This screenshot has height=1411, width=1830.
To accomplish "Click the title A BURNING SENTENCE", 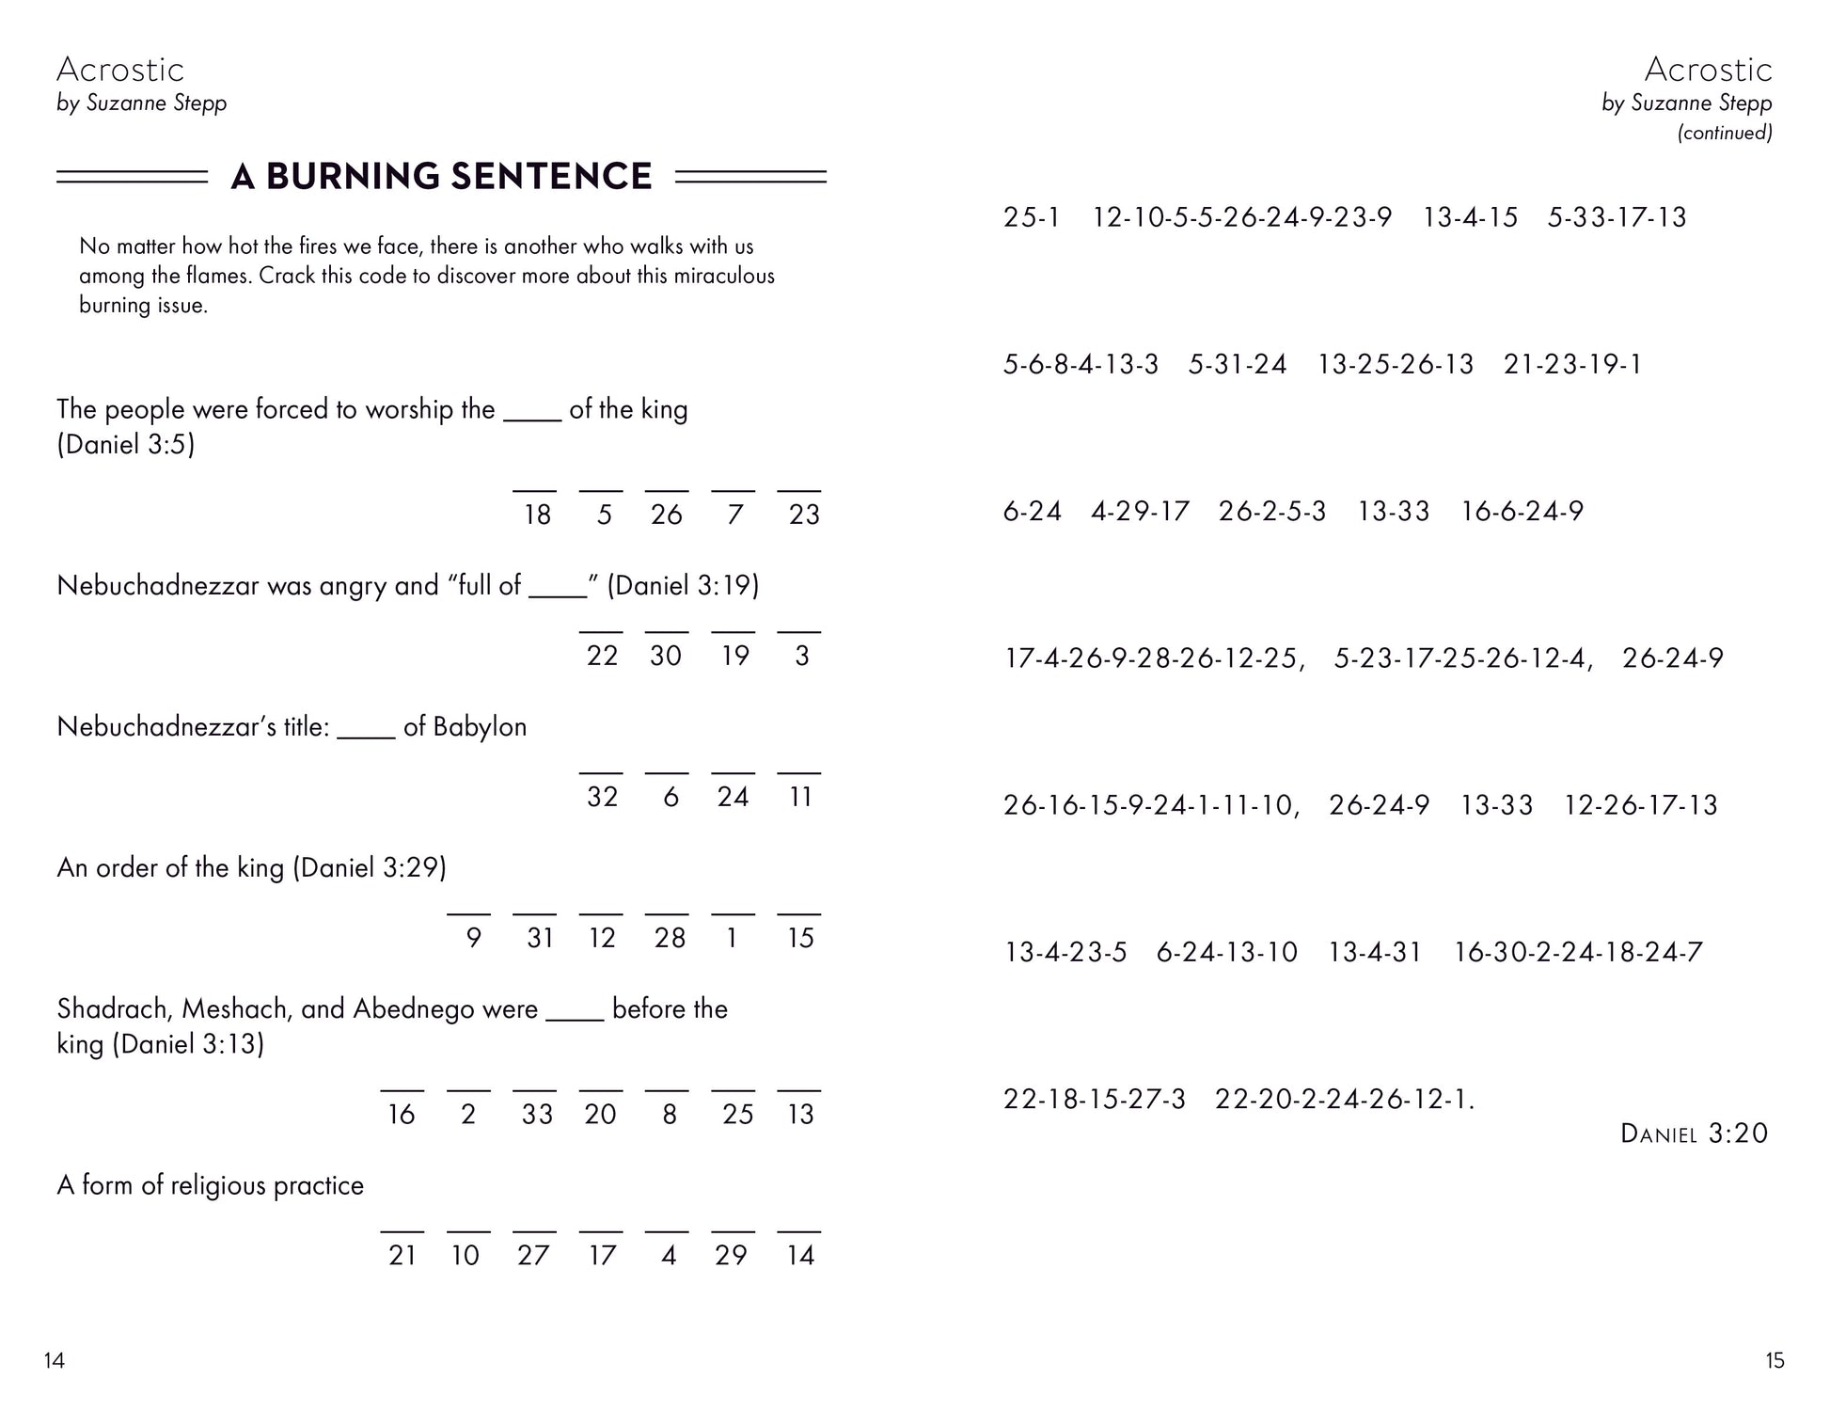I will [441, 177].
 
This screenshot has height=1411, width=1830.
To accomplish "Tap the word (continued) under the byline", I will [1725, 133].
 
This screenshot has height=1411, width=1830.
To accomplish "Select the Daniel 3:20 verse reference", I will [1694, 1134].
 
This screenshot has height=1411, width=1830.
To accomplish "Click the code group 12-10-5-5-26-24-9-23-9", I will [1241, 217].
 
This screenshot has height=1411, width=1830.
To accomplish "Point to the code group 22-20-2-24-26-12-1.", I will [1345, 1099].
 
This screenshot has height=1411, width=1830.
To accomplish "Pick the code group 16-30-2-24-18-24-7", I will [1578, 952].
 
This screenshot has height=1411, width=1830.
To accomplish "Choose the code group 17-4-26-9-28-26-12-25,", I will [1155, 658].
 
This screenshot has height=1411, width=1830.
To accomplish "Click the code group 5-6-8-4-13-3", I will [1081, 364].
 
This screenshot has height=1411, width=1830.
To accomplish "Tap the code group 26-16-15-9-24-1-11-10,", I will [1151, 805].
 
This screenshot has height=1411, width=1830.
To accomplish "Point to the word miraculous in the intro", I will [724, 277].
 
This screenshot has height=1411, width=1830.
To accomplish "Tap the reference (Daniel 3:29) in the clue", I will [370, 867].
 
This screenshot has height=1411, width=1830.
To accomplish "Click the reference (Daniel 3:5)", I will [126, 444].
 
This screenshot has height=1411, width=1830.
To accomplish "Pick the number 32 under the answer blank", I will [602, 797].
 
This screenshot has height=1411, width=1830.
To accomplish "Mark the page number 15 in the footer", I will [1775, 1360].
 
